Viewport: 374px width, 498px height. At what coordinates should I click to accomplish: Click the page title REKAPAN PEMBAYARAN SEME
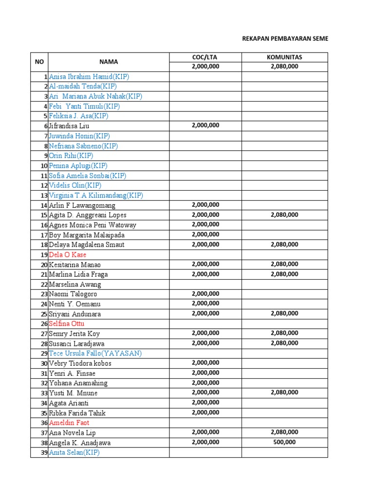[x=285, y=38]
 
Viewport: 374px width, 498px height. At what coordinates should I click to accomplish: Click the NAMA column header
[x=109, y=62]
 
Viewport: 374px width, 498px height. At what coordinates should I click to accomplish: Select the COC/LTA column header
[x=205, y=57]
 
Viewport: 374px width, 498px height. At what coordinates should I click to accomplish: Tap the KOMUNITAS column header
[x=284, y=57]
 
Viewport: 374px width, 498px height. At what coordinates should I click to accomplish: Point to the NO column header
[x=39, y=62]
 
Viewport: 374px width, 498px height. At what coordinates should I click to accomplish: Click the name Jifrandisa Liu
[x=69, y=126]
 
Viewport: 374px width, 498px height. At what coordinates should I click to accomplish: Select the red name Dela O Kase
[x=68, y=255]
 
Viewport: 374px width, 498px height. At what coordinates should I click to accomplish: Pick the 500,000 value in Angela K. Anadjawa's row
[x=284, y=442]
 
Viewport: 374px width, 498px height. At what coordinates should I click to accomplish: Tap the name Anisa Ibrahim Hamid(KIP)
[x=89, y=76]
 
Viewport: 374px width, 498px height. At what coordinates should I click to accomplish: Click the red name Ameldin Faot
[x=69, y=423]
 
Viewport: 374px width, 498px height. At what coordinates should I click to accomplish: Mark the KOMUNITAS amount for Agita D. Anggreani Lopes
[x=284, y=214]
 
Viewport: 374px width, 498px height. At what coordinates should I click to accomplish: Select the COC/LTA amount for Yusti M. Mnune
[x=205, y=392]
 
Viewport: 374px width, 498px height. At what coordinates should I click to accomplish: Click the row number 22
[x=44, y=285]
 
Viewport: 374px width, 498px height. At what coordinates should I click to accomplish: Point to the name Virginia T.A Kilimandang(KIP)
[x=96, y=196]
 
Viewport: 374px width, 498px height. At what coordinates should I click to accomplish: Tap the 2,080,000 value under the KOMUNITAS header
[x=284, y=67]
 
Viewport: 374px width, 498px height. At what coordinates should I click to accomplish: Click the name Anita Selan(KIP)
[x=74, y=453]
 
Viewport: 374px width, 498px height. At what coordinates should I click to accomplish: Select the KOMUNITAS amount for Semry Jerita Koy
[x=284, y=333]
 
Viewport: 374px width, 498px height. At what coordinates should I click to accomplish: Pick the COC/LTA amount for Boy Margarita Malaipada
[x=205, y=234]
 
